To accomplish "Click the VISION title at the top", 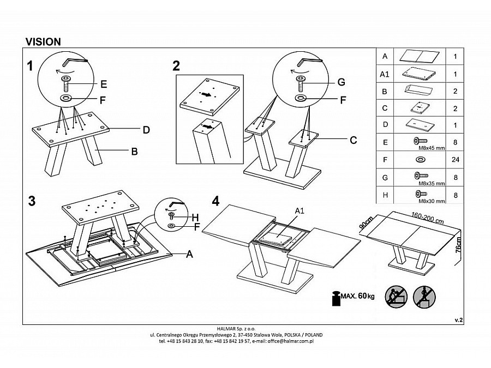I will point(43,41).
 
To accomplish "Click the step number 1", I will point(31,66).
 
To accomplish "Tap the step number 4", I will point(215,201).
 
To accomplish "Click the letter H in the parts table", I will point(385,194).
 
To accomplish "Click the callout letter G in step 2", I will point(341,82).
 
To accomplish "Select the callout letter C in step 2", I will point(353,140).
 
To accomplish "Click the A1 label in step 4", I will point(300,210).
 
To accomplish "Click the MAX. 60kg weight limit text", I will point(358,296).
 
